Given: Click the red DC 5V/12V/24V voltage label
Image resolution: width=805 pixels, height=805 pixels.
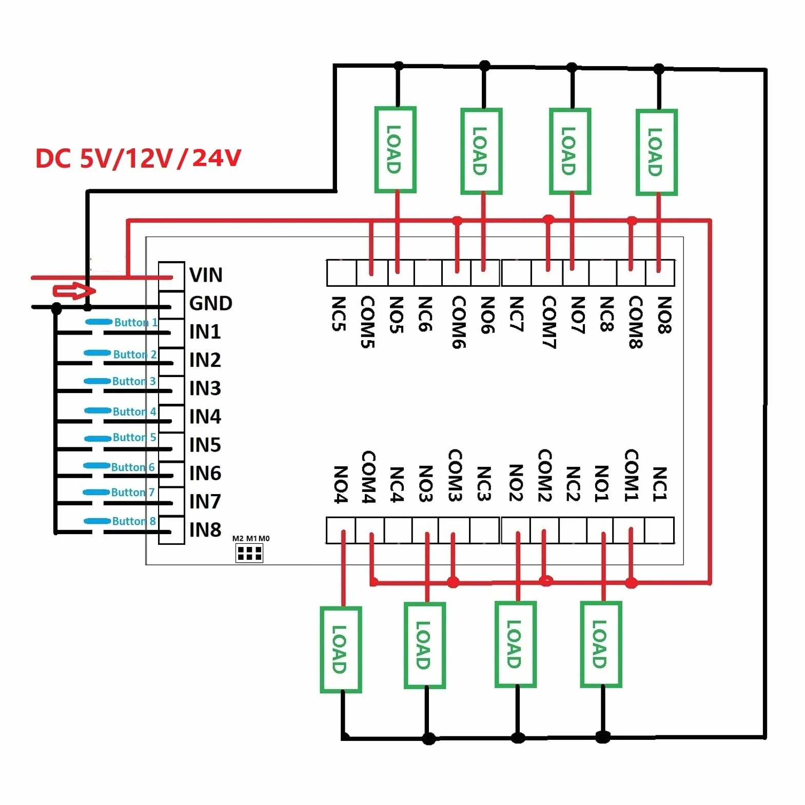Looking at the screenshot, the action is [x=138, y=158].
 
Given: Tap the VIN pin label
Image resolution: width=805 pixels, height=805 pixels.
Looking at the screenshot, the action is [x=206, y=275].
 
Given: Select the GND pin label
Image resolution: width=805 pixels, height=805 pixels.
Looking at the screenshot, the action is [x=210, y=303].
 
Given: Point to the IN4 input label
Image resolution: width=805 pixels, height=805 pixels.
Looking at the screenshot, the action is [x=205, y=417].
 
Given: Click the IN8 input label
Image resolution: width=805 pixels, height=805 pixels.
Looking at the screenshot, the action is [x=205, y=529].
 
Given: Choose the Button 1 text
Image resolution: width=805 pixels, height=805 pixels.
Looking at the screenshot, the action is [x=135, y=322].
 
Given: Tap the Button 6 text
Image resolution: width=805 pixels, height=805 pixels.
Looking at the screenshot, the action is [x=132, y=467].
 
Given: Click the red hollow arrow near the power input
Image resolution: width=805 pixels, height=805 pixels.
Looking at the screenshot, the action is [x=74, y=291].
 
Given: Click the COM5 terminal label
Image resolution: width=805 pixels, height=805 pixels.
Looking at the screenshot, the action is [x=367, y=322].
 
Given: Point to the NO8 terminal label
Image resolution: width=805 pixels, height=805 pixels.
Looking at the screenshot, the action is [x=664, y=315].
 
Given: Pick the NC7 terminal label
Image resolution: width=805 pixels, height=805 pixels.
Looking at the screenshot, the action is [x=516, y=314].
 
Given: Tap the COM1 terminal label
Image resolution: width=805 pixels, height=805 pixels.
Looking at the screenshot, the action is [x=631, y=476].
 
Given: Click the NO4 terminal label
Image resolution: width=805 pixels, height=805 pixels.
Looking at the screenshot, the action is [x=340, y=484].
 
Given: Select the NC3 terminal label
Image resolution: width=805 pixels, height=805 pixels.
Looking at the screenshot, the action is [x=484, y=483].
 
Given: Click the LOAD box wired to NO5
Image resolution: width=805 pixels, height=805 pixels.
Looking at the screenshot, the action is [x=395, y=150].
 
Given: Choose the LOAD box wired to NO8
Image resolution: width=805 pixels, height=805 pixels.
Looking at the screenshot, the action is [x=657, y=152].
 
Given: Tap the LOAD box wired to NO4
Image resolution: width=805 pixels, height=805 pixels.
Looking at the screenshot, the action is [x=341, y=650].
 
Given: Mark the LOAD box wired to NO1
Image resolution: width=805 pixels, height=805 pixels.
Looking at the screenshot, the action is [x=601, y=644].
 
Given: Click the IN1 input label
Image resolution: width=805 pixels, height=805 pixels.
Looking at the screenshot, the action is [x=205, y=332].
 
